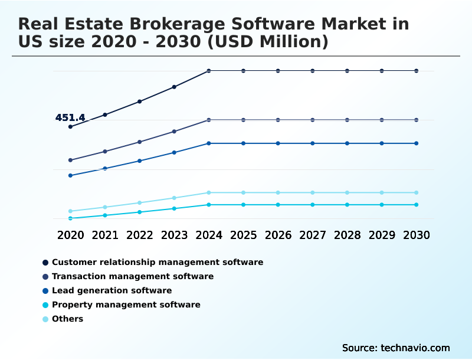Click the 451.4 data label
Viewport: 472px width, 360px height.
(70, 118)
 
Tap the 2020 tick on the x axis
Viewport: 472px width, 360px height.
(70, 235)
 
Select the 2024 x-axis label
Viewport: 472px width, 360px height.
(209, 235)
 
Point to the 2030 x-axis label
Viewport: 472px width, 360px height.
(417, 235)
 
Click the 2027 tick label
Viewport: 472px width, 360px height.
(313, 235)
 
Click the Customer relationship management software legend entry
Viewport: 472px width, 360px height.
(157, 262)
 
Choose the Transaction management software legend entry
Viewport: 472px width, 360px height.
(132, 276)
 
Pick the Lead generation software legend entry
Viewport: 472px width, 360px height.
(112, 290)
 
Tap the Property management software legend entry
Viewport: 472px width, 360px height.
(126, 305)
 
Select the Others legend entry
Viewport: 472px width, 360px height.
(67, 319)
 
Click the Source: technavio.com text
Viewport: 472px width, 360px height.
(396, 348)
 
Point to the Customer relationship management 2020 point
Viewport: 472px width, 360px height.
(70, 127)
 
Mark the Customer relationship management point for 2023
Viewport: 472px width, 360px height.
(174, 87)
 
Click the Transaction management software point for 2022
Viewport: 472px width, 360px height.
(140, 142)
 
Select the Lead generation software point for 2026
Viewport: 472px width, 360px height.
(278, 143)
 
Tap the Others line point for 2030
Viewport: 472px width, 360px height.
(417, 192)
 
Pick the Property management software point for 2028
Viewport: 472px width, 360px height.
(347, 205)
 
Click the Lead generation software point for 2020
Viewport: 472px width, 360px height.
(70, 175)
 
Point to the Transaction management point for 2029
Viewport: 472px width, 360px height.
(382, 120)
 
